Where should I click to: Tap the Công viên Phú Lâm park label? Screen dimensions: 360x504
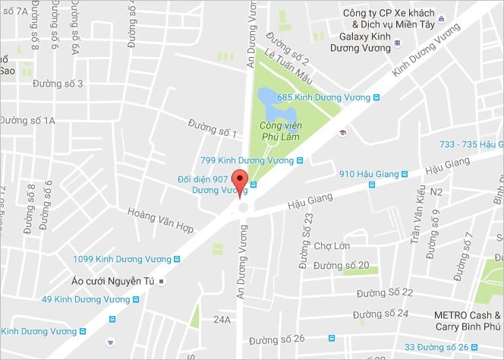tap(278, 132)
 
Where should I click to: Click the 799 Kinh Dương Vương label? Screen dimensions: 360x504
tap(246, 160)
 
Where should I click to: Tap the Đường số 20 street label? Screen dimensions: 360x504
tap(341, 265)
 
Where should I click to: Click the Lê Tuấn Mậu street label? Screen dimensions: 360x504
tap(288, 66)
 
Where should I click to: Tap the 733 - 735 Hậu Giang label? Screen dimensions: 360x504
tap(471, 144)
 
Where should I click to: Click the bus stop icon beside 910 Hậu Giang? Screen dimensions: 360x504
tap(372, 185)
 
